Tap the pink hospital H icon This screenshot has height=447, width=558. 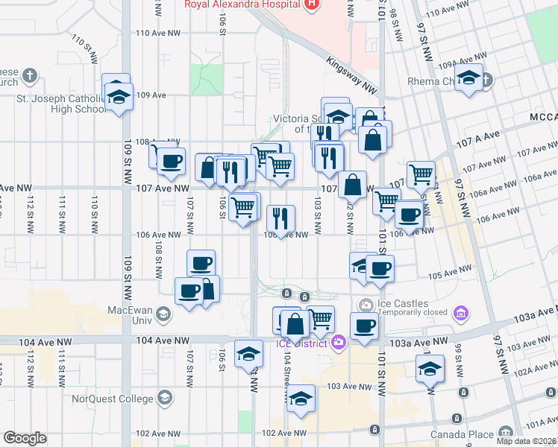[312, 4]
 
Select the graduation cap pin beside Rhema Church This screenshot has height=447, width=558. [468, 78]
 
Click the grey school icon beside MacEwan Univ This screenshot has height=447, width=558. [161, 315]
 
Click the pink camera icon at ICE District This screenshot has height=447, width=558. [339, 343]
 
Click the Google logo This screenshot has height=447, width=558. [25, 438]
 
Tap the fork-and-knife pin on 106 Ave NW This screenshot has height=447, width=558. [280, 218]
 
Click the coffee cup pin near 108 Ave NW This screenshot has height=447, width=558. [172, 161]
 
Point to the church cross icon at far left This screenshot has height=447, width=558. [29, 75]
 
